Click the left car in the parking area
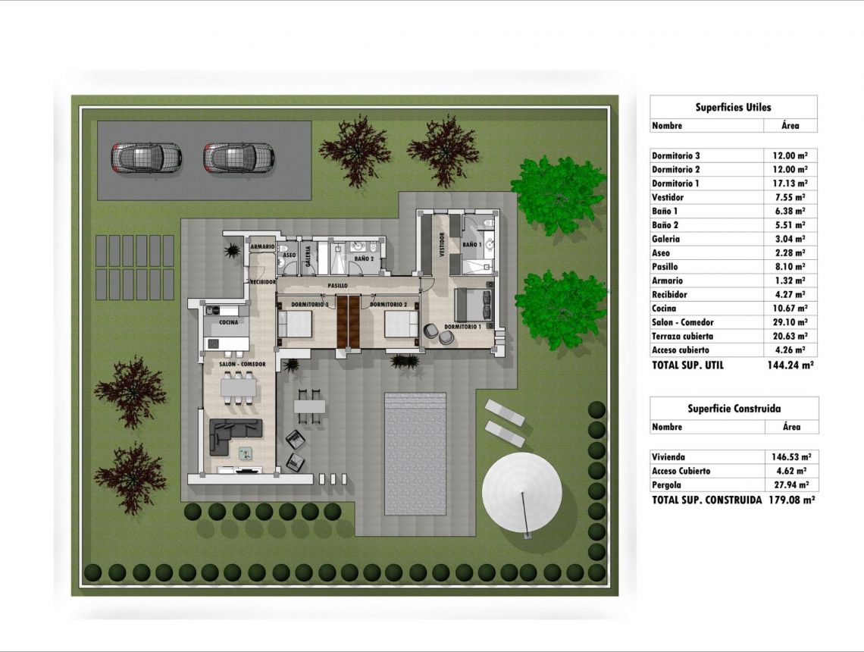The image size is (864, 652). (x=146, y=158)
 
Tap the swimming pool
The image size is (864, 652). (x=415, y=453)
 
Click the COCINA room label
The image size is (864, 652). (x=229, y=322)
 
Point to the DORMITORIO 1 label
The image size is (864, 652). (x=463, y=327)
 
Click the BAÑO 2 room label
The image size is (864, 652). (x=364, y=258)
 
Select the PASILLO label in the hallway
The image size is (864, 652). (x=338, y=286)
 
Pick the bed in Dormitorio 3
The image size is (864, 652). (x=295, y=324)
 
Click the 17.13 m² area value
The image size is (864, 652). (x=790, y=183)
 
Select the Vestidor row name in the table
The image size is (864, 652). (x=668, y=197)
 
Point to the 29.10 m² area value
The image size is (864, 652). (x=790, y=322)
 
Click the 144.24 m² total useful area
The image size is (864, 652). (x=790, y=365)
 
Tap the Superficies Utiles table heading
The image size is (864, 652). (x=733, y=108)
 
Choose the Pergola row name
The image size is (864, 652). (x=666, y=485)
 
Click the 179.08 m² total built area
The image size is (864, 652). (x=791, y=500)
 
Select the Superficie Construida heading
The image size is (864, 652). (x=734, y=409)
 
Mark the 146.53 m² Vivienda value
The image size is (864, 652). (x=790, y=457)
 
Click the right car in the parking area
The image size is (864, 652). (x=239, y=158)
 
